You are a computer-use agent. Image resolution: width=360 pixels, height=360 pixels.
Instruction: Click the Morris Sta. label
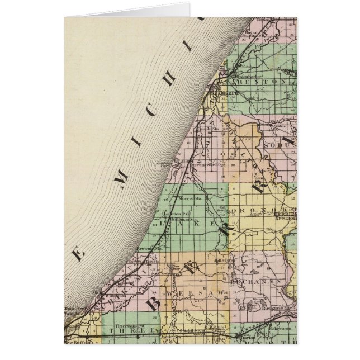pyautogui.click(x=191, y=198)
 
